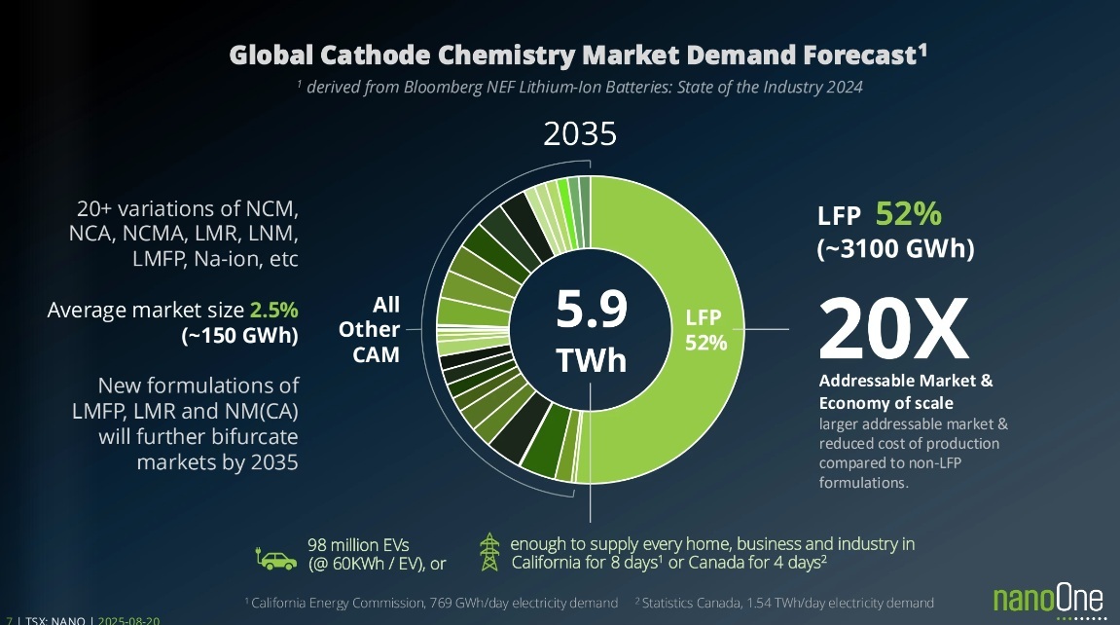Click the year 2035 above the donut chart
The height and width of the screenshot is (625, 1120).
coord(580,132)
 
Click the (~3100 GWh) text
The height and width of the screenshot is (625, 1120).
coord(895,249)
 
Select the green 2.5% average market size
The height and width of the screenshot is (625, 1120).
coord(274,311)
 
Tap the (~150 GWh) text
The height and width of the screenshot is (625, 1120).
coord(240,336)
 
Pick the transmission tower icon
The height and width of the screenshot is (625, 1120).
coord(489,553)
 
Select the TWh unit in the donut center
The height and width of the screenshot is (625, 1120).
coord(591,360)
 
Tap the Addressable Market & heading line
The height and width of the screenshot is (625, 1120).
coord(906,381)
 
